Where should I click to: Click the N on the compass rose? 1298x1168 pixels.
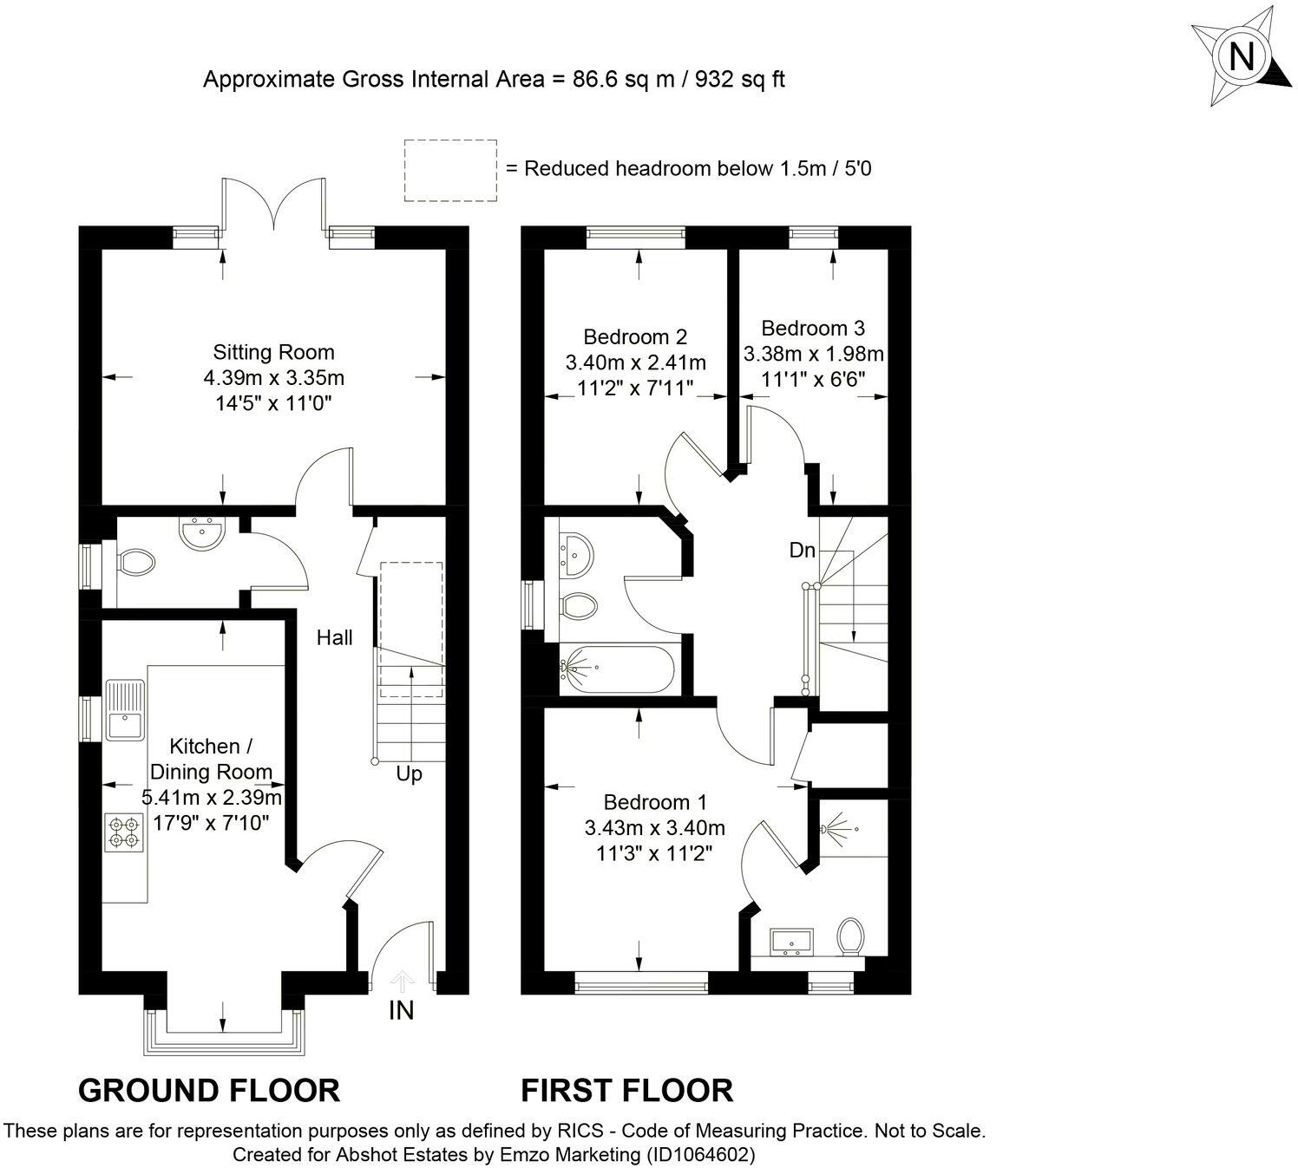(1241, 56)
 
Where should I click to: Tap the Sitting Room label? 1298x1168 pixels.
(273, 352)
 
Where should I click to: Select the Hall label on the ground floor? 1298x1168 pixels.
(335, 637)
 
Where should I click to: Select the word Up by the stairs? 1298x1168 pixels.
(409, 774)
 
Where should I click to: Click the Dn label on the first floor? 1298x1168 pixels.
(803, 551)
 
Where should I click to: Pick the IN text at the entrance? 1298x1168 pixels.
(401, 1010)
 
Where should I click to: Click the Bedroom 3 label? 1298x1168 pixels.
(813, 328)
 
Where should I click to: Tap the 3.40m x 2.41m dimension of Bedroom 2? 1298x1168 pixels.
(635, 362)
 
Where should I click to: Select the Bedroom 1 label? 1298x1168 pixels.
(655, 802)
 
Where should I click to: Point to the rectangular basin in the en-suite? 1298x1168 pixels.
(792, 941)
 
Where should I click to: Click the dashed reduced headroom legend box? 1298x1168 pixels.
(451, 171)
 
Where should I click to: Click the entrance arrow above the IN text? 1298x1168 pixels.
(402, 981)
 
